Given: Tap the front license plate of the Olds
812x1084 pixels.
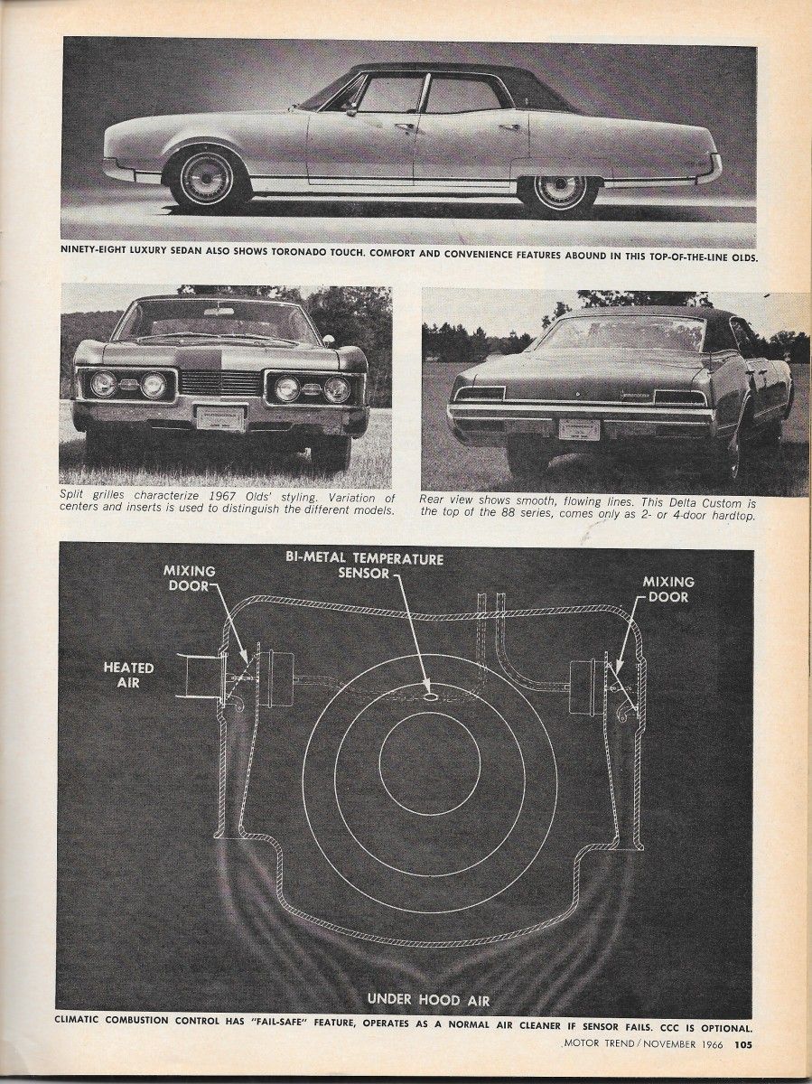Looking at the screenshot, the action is pos(221,417).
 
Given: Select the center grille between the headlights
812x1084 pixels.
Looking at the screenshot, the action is pos(220,383).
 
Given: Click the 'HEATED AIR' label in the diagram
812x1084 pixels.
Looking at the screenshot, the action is pos(121,675).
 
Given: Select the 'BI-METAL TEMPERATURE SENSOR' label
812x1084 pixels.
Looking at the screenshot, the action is pos(364,565).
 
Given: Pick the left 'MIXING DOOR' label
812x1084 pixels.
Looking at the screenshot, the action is pos(190,579).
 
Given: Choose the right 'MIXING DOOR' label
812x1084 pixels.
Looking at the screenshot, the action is pos(667,590).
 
